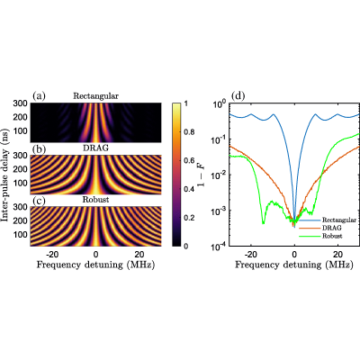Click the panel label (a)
point(39,96)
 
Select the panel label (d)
point(238,96)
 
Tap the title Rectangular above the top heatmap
point(96,96)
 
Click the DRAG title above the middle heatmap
point(95,148)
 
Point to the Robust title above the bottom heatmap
point(95,200)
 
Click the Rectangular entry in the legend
point(339,220)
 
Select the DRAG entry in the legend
point(332,228)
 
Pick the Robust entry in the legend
point(332,236)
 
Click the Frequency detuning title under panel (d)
point(294,265)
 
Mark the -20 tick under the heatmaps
point(51,255)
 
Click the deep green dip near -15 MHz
point(263,222)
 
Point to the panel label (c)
point(39,201)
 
